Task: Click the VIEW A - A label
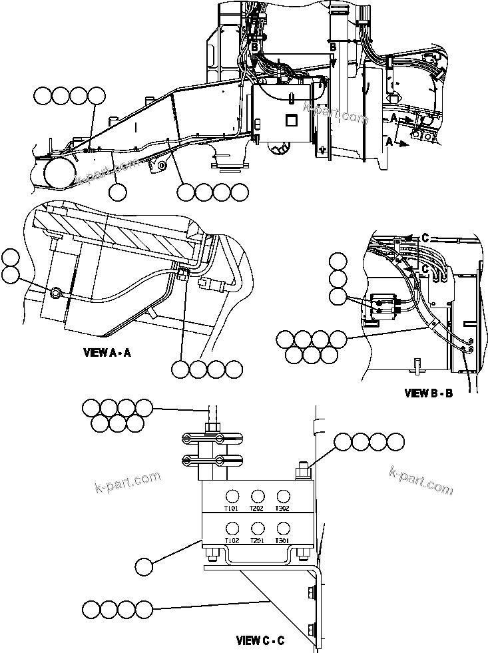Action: [107, 353]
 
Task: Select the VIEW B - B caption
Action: [428, 393]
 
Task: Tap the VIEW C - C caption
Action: [260, 641]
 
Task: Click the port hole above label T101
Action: [232, 496]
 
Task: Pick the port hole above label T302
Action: [283, 496]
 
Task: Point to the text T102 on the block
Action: [232, 541]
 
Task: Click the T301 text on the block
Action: [283, 541]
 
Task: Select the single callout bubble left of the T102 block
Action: [144, 567]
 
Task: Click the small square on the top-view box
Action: [289, 120]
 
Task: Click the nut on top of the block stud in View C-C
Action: [300, 473]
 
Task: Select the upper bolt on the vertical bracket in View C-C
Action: [311, 591]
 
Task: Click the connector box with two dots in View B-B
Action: [382, 305]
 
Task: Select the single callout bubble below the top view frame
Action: [118, 192]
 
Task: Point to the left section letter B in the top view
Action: [254, 46]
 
